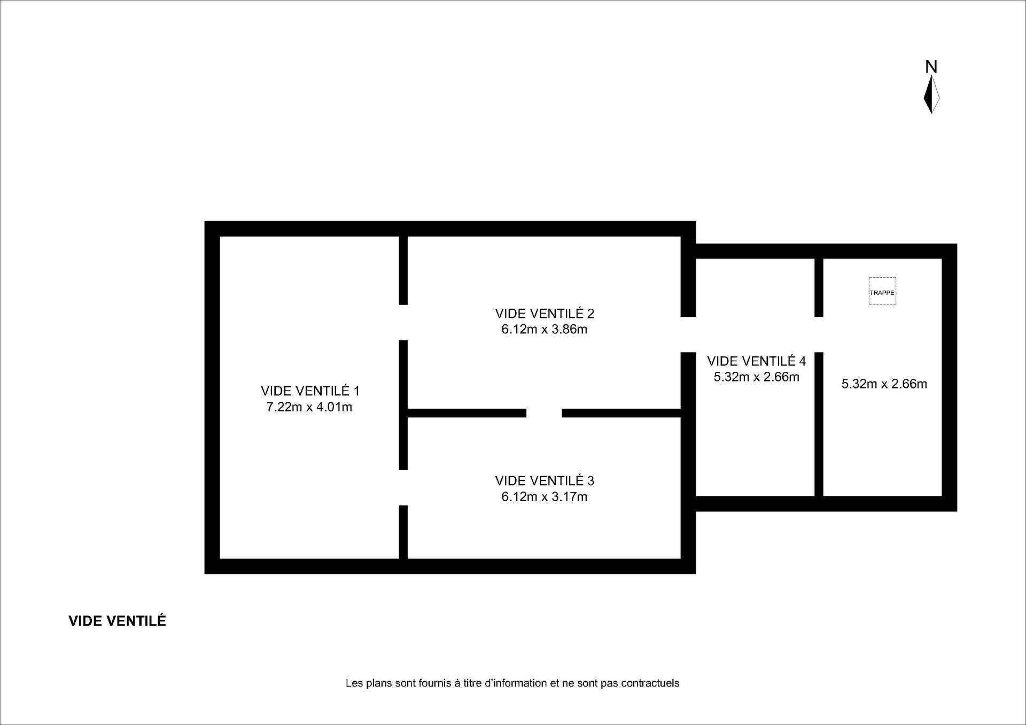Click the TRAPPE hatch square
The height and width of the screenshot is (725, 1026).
[882, 291]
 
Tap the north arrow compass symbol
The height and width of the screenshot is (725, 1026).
[931, 94]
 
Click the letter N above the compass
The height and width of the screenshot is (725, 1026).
[931, 66]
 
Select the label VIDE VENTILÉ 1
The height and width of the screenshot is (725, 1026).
[310, 391]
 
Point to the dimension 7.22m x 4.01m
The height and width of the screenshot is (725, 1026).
[309, 407]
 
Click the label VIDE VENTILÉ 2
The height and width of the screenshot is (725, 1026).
[545, 313]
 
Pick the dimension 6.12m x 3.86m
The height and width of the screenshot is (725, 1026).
[545, 329]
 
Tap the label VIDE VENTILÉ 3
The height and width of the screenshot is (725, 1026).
[545, 481]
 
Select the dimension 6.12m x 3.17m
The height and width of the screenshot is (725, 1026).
[545, 497]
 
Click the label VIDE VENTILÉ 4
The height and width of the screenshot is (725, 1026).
[757, 361]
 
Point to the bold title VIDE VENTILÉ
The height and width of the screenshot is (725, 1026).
[117, 621]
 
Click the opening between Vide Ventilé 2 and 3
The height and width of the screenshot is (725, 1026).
[544, 413]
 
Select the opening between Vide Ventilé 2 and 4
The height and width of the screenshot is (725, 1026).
[688, 334]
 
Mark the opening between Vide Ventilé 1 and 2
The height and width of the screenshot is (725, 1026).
[403, 323]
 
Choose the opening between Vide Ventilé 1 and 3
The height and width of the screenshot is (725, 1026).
[403, 488]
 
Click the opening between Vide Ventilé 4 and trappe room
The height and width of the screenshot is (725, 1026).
[819, 334]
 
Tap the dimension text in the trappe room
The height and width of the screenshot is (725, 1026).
[884, 384]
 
